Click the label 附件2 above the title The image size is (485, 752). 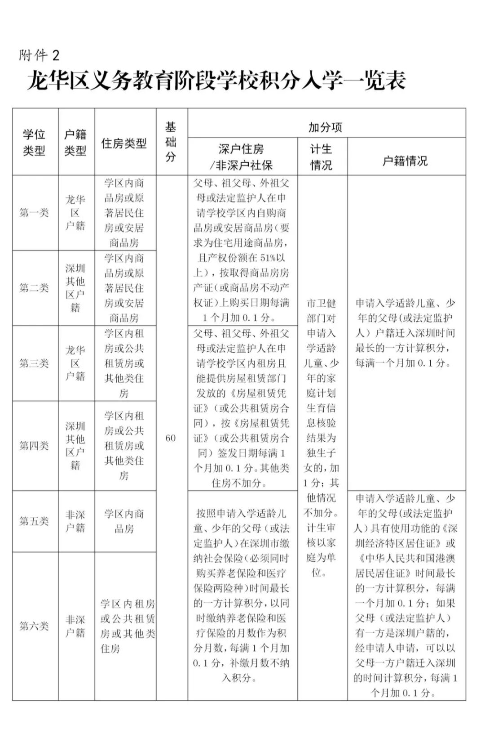(39, 55)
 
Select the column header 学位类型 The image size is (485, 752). (34, 142)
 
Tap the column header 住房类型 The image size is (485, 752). (124, 143)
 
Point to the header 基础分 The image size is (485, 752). (171, 142)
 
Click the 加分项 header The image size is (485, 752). (325, 127)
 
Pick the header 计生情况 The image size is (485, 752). (322, 157)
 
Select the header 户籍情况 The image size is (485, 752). (405, 161)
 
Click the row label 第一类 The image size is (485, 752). (34, 213)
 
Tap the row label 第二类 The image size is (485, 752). (34, 288)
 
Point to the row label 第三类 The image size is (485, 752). (34, 363)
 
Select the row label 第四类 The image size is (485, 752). (34, 445)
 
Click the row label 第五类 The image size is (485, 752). (34, 521)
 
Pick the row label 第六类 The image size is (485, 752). (34, 626)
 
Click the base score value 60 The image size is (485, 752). (171, 438)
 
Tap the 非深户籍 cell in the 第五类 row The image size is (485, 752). (75, 521)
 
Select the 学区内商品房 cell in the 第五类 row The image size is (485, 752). (124, 521)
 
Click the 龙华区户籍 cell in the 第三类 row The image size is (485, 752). (75, 363)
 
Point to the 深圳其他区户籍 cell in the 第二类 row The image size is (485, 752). (75, 288)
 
